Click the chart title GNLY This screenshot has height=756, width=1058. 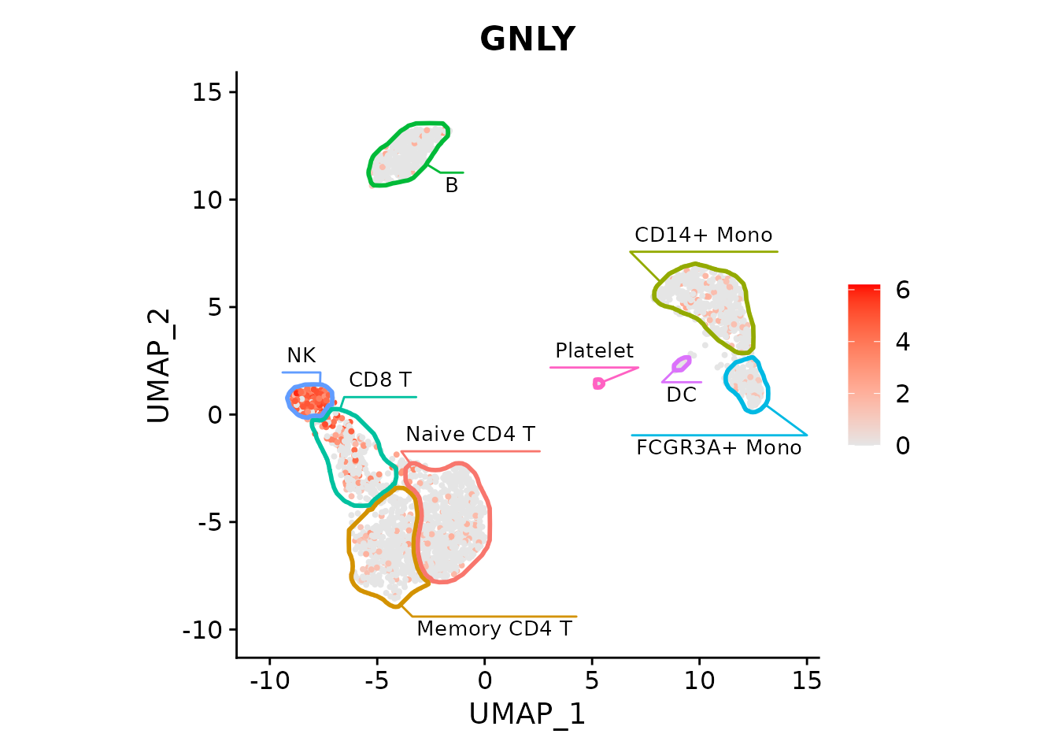tap(527, 39)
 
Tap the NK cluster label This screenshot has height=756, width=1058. tap(301, 355)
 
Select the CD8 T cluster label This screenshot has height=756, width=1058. tap(379, 380)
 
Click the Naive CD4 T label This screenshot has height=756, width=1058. tap(470, 434)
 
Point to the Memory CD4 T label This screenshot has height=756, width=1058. tap(494, 628)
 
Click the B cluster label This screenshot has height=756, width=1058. tap(451, 185)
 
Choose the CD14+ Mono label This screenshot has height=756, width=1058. tap(703, 235)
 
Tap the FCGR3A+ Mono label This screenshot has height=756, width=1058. tap(718, 447)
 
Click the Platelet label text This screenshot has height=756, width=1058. tap(594, 350)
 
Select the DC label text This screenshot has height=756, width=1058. tap(681, 395)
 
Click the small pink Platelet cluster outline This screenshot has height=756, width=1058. tap(598, 384)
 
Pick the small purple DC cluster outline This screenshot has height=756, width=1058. tap(681, 364)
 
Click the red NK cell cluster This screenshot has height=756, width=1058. tap(309, 399)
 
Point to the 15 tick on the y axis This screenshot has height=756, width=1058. tap(207, 92)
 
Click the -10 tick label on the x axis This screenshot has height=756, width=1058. tap(269, 680)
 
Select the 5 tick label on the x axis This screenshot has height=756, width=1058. tap(592, 680)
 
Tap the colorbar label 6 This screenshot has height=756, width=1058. tap(902, 290)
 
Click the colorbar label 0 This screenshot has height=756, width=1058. tap(902, 446)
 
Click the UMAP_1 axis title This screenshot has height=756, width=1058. tap(527, 713)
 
